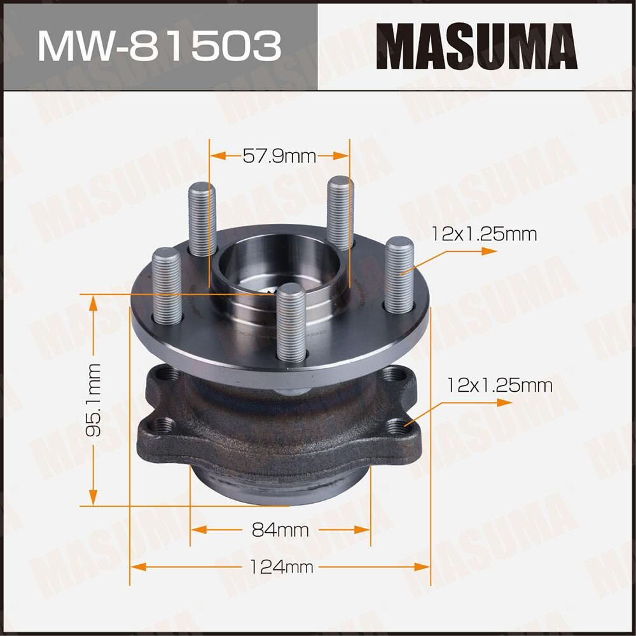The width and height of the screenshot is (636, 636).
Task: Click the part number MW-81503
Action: point(159,45)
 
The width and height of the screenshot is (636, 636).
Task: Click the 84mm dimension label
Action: point(280,530)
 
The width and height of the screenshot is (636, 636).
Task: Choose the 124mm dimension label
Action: point(280,567)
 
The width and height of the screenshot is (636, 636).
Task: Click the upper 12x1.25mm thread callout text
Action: point(484,234)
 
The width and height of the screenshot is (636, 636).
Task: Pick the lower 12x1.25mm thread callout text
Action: point(499,385)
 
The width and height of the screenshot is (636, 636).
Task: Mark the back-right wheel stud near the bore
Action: point(340,213)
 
